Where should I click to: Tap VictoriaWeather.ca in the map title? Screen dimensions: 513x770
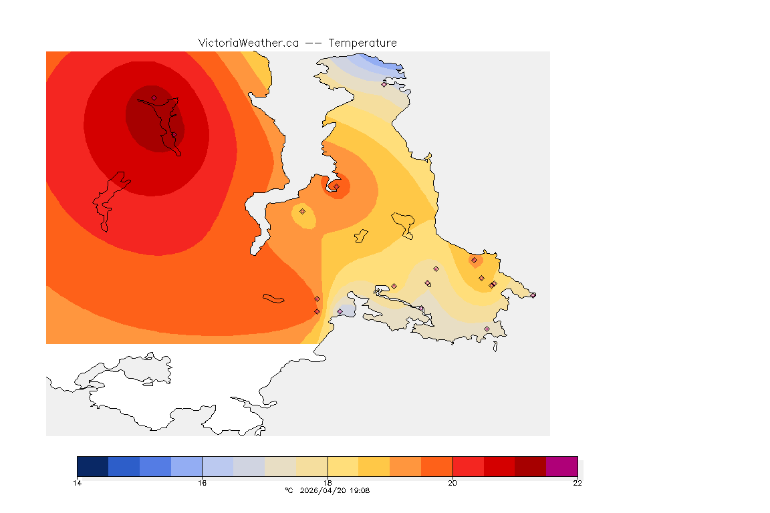[x=248, y=43]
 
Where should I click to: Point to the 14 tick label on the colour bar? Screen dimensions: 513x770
[x=78, y=483]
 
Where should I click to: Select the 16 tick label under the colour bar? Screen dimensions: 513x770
[x=202, y=483]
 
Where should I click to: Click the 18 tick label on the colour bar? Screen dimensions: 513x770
[x=328, y=483]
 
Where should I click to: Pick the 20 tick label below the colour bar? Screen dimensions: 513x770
[x=453, y=483]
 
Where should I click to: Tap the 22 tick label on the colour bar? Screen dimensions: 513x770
[x=577, y=483]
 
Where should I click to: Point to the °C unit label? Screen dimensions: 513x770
[x=289, y=490]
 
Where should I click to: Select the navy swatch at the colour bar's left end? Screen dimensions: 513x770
[x=93, y=466]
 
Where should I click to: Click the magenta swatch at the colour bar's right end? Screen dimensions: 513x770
[x=561, y=466]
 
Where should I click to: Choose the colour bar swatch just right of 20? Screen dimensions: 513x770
[x=468, y=466]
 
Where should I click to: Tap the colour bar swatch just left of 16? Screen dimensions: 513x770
[x=186, y=466]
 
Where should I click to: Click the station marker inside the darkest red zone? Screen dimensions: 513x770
[x=154, y=98]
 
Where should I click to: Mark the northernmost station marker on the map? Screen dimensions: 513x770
[x=384, y=84]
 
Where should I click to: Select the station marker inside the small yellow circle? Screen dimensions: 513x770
[x=302, y=211]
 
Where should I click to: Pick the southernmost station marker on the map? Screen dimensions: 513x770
[x=487, y=329]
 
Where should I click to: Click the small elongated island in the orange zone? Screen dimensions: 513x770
[x=274, y=298]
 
